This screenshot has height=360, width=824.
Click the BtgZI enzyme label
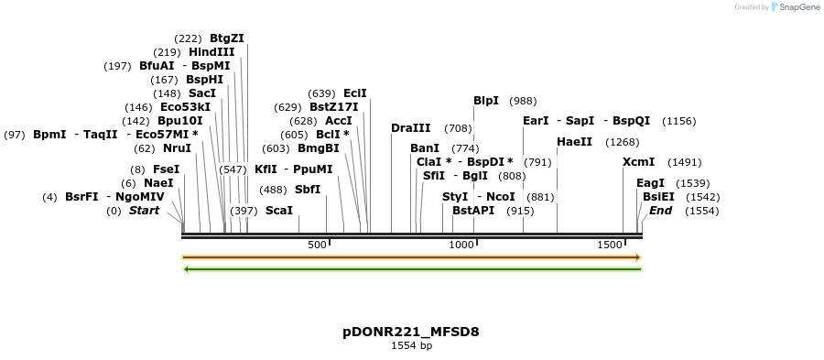pyautogui.click(x=227, y=38)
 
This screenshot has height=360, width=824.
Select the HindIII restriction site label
pyautogui.click(x=211, y=52)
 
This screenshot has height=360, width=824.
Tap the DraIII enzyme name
pyautogui.click(x=410, y=128)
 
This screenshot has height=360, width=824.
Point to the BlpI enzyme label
pyautogui.click(x=486, y=101)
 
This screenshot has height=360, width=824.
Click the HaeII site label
pyautogui.click(x=575, y=142)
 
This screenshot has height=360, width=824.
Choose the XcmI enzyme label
pyautogui.click(x=639, y=162)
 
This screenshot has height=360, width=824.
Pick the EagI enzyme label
pyautogui.click(x=650, y=183)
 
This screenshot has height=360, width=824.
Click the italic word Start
pyautogui.click(x=144, y=211)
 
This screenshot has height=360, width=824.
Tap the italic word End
pyautogui.click(x=661, y=211)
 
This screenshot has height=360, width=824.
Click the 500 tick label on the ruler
pyautogui.click(x=317, y=245)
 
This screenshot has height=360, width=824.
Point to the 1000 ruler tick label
pyautogui.click(x=461, y=245)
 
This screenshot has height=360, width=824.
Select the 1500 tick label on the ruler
pyautogui.click(x=610, y=245)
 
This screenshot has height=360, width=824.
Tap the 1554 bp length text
pyautogui.click(x=411, y=346)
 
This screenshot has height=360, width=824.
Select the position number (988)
pyautogui.click(x=523, y=101)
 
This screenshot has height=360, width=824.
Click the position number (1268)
pyautogui.click(x=623, y=142)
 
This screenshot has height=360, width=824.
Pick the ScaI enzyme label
pyautogui.click(x=279, y=211)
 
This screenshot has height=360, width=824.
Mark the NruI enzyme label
pyautogui.click(x=177, y=148)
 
